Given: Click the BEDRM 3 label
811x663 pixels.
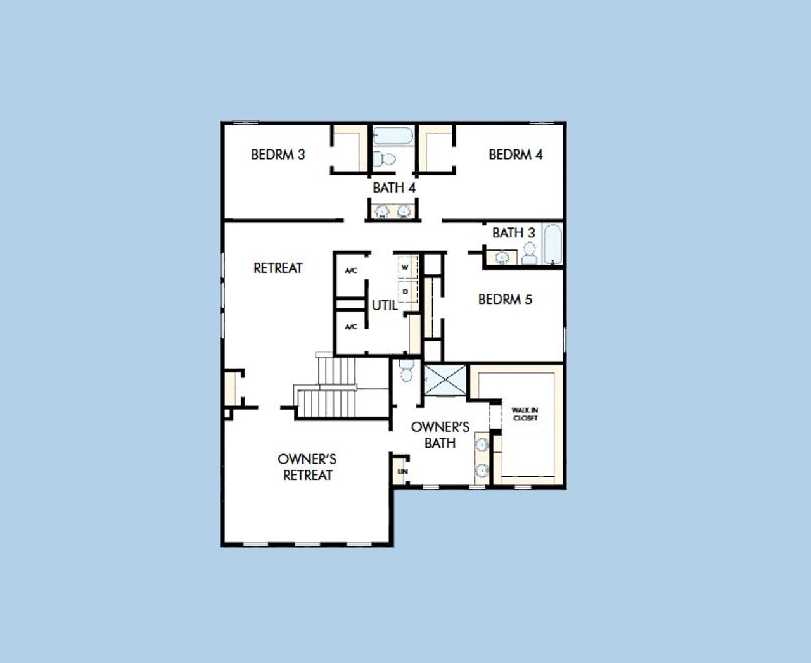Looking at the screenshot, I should pos(278,154).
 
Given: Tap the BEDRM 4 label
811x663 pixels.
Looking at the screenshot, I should pos(515,154).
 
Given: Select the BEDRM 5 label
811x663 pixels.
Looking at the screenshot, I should pos(505,299).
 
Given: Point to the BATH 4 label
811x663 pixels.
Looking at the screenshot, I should pos(394,187).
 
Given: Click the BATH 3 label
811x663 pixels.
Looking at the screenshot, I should pos(513,233).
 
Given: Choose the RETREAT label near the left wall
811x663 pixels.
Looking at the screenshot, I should pos(278,268).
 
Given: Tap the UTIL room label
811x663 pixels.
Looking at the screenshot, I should pos(385,305).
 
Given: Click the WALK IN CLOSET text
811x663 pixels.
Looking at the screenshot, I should pos(525,414).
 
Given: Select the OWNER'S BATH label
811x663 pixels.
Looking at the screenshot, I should pos(440,434).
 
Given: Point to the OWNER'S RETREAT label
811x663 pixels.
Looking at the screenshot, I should pos(307,467).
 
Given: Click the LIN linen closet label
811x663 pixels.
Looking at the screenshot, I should pos(402,472).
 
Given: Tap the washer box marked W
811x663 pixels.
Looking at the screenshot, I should pos(405,267).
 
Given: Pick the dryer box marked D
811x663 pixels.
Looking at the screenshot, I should pos(405,291).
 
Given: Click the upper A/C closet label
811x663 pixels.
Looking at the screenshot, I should pos(351,270).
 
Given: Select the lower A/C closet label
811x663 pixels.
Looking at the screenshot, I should pos(351,327).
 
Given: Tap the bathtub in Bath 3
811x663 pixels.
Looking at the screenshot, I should pos(552,244).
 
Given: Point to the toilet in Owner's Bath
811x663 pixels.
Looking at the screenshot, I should pos(406,370).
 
